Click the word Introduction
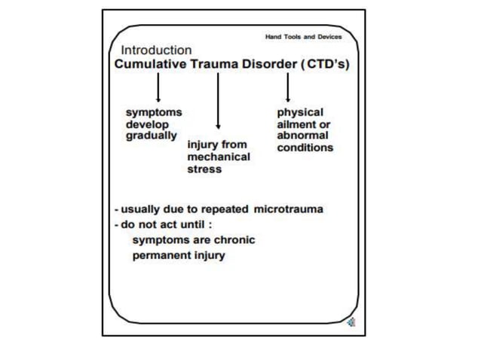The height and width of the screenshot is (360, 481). [157, 50]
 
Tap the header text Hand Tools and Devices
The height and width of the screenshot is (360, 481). [303, 37]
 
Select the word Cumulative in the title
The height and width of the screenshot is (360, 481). [150, 64]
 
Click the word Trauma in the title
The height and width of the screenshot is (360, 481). [214, 64]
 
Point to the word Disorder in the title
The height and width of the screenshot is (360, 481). [270, 64]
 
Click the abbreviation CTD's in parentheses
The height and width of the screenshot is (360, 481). [326, 64]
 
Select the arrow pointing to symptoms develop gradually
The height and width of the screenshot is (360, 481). [158, 87]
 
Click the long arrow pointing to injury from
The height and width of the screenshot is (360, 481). [218, 101]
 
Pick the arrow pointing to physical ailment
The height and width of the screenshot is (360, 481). [288, 87]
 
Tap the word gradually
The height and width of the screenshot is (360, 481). [152, 136]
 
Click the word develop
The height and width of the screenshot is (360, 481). [147, 125]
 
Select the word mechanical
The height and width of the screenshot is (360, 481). [219, 157]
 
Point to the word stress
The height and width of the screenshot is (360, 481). [204, 169]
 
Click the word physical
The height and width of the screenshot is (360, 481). [300, 112]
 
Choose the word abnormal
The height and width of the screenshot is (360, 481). [302, 136]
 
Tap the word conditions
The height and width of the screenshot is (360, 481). [305, 148]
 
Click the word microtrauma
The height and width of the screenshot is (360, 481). [288, 209]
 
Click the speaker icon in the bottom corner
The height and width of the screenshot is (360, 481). [351, 322]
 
